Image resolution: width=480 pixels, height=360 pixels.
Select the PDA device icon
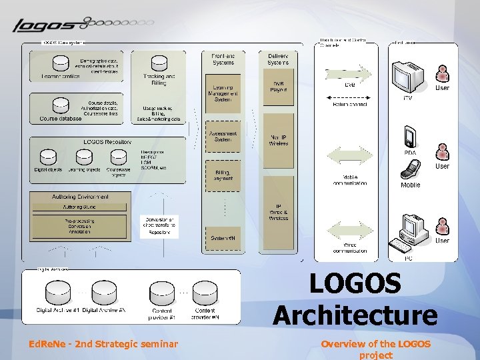click(x=409, y=137)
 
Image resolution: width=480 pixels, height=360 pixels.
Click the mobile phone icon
click(x=410, y=171)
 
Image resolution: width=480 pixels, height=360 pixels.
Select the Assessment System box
click(x=223, y=136)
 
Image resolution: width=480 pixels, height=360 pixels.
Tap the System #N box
click(x=223, y=238)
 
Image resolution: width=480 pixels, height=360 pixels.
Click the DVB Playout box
click(x=279, y=87)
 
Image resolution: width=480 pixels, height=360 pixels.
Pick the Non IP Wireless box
click(x=279, y=139)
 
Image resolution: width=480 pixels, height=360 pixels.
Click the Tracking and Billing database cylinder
click(x=159, y=64)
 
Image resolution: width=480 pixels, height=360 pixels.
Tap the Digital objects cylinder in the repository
click(x=48, y=157)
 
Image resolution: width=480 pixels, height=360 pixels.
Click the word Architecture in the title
click(x=355, y=315)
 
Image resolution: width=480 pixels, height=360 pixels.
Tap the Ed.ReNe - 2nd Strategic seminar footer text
click(x=103, y=344)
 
